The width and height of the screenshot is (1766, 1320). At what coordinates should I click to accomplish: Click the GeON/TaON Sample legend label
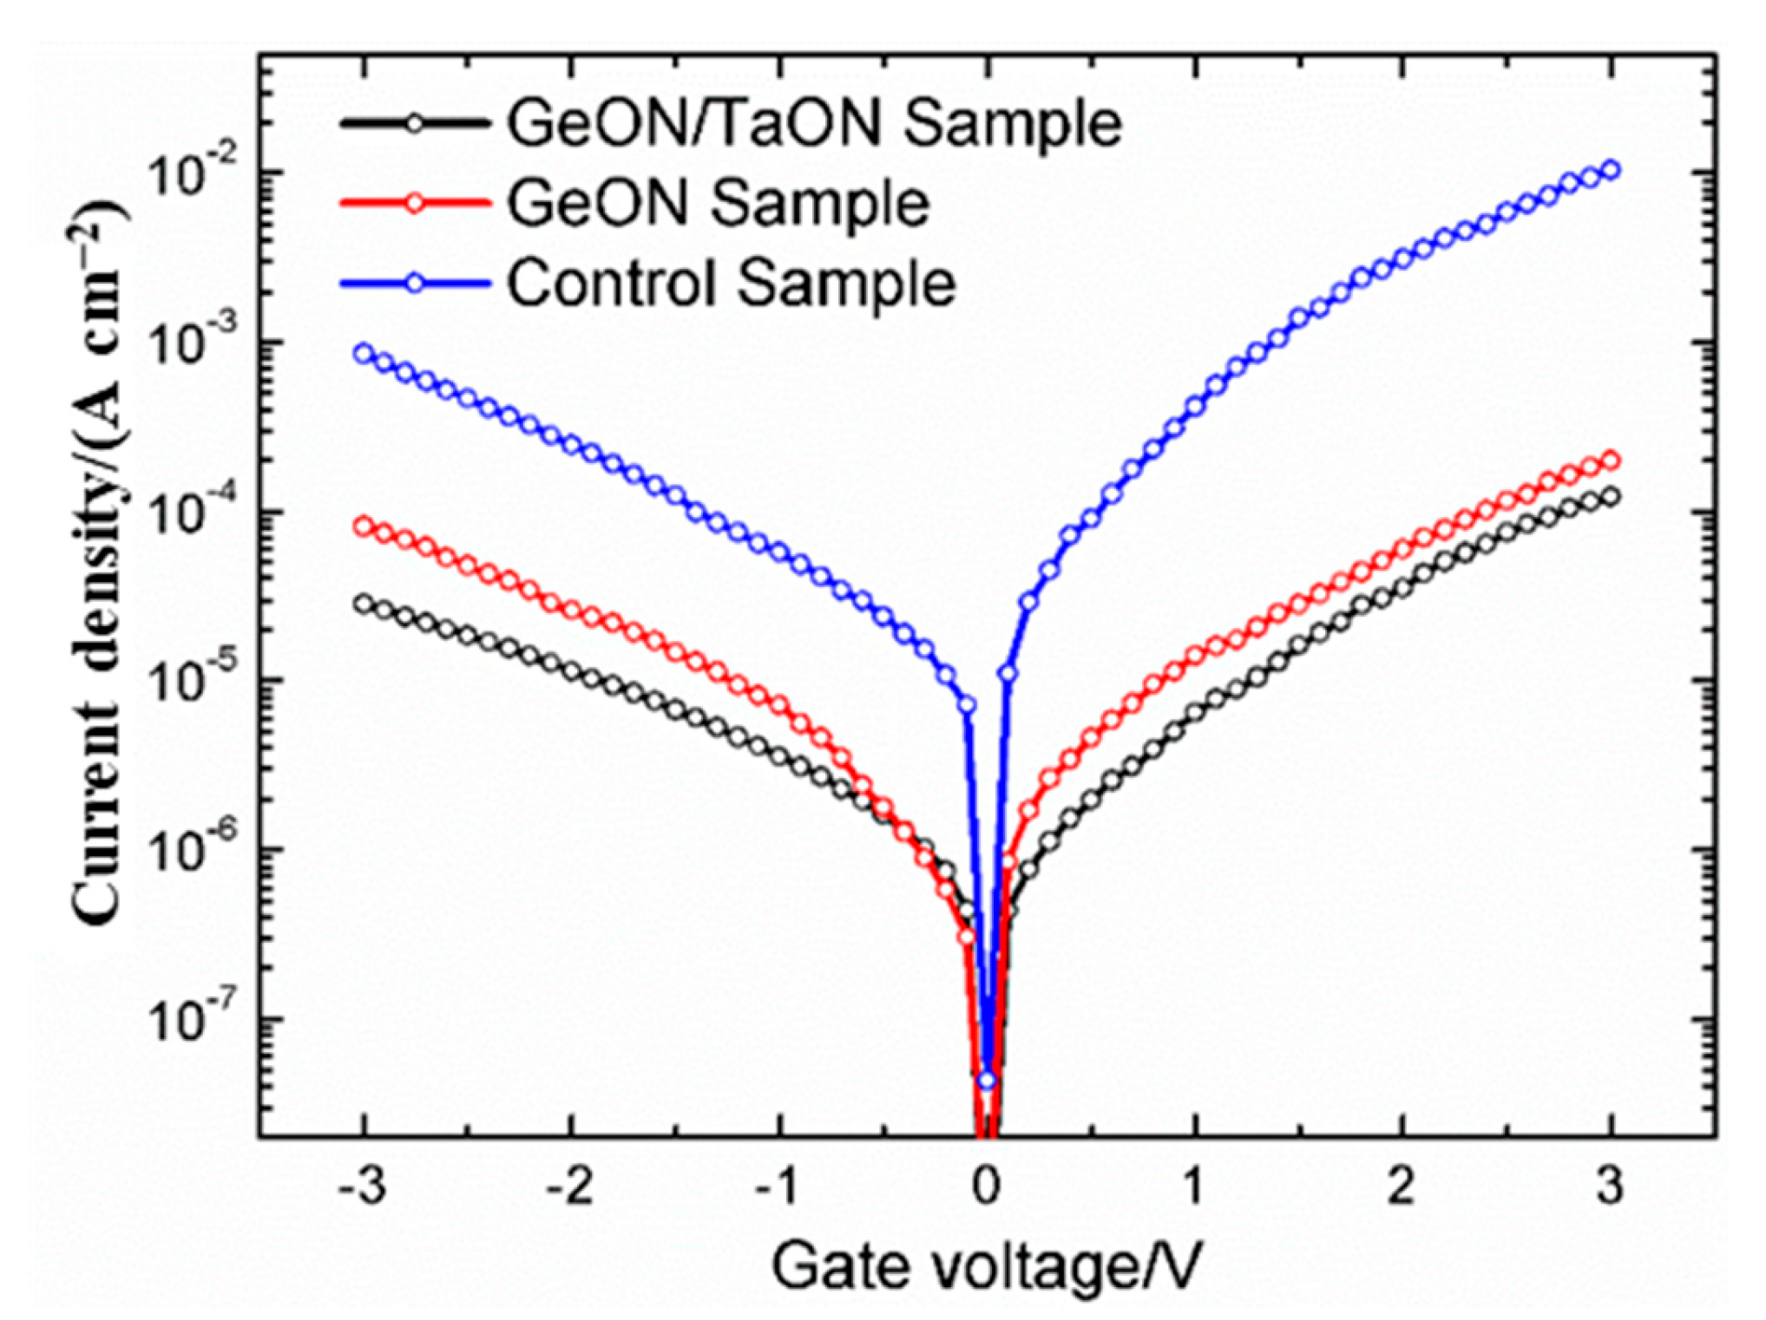(x=814, y=123)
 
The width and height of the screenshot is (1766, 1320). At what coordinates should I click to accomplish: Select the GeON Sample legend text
(x=719, y=204)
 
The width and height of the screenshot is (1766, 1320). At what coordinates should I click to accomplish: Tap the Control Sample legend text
(x=731, y=284)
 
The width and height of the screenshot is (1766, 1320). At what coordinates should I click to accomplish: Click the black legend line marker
(x=415, y=123)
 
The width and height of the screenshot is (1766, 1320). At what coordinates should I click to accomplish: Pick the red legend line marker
(x=415, y=204)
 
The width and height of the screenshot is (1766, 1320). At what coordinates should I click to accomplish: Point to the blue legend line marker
(x=415, y=284)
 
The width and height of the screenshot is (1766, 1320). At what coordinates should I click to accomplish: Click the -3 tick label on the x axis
(x=362, y=1185)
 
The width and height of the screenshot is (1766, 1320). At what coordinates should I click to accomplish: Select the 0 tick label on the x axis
(x=987, y=1185)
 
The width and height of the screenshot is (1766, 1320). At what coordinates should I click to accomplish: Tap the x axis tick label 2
(x=1402, y=1185)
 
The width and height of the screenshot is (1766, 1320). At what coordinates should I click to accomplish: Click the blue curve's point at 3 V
(x=1611, y=169)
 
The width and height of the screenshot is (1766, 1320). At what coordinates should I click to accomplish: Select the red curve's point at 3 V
(x=1611, y=460)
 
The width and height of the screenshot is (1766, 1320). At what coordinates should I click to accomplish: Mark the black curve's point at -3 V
(x=364, y=604)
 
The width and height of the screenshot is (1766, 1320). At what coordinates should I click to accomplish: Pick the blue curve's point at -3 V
(x=364, y=353)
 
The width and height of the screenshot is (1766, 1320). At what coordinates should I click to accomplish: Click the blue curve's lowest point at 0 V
(x=987, y=1080)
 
